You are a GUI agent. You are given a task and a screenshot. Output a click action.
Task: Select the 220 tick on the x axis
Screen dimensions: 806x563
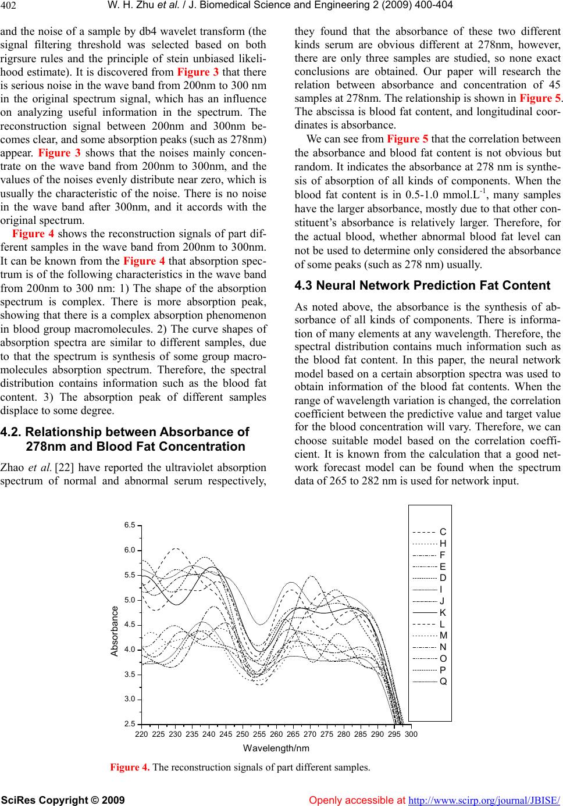(141, 734)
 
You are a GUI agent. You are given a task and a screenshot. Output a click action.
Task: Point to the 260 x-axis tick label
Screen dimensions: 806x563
(276, 734)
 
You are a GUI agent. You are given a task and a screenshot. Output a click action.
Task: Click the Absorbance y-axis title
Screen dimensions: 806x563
(115, 631)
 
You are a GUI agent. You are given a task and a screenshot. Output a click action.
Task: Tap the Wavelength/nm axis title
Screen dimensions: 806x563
(276, 747)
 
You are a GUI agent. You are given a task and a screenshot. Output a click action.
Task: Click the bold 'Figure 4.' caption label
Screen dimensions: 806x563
(130, 767)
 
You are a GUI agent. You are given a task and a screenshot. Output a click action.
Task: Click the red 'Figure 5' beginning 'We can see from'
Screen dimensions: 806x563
(407, 138)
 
